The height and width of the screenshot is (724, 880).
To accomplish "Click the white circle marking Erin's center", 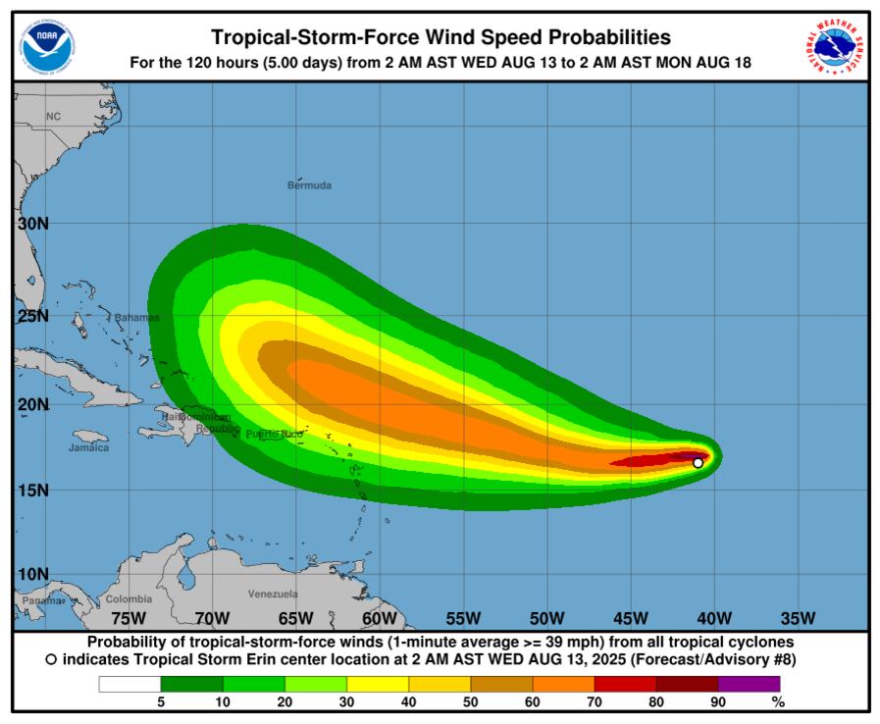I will [698, 463].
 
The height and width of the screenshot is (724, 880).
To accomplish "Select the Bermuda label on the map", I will [309, 185].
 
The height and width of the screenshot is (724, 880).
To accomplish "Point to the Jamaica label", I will [89, 447].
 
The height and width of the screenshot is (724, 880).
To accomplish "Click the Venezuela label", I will [273, 595].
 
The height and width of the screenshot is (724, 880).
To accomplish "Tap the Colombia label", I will [129, 598].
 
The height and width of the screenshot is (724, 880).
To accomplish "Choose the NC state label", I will [53, 117].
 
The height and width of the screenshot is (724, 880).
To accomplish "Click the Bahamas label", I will [136, 318].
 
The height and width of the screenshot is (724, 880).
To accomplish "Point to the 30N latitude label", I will [33, 224].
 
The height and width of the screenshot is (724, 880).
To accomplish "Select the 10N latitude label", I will [33, 574].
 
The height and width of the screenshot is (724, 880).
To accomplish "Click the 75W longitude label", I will [129, 618].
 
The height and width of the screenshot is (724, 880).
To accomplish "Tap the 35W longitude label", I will [798, 618].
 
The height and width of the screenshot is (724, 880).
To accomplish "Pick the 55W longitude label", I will [463, 618].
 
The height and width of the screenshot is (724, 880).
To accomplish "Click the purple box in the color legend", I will [750, 684].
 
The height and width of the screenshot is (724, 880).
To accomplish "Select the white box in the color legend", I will [129, 684].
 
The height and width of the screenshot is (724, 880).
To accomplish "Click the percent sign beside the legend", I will [778, 702].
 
